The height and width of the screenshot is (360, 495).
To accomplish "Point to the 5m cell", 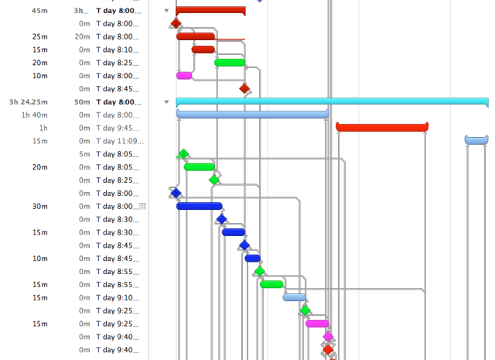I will pos(84,154).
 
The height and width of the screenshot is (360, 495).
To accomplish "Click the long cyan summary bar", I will pos(332,101).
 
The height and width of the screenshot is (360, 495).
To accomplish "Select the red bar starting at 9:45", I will pos(382,127).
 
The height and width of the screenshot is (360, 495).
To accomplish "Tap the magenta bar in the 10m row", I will pos(184,75).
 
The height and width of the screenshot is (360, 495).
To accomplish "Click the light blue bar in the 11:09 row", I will pos(476,140).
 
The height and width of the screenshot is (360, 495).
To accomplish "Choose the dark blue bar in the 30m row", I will pos(199,206).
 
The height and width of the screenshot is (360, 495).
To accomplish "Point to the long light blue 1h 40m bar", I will pos(252,115).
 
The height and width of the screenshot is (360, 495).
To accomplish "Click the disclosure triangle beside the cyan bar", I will pos(166,101).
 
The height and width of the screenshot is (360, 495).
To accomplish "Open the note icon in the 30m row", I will pos(142,206).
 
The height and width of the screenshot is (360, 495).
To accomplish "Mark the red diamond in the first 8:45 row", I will pos(244,88).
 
